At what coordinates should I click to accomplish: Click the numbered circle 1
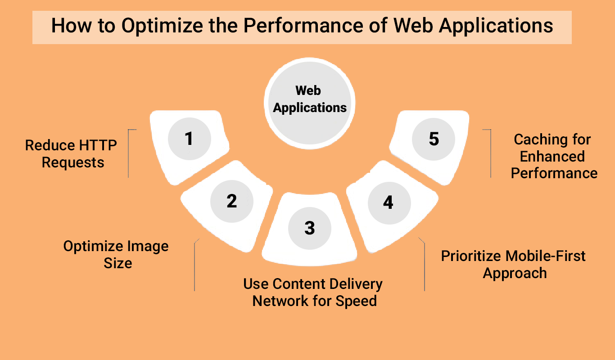(x=190, y=139)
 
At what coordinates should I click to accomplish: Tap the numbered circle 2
(x=232, y=201)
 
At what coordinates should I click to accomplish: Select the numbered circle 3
(x=310, y=228)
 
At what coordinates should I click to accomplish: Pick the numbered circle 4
(x=389, y=203)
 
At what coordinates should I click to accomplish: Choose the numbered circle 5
(x=434, y=139)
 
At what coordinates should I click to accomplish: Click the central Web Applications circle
(x=309, y=103)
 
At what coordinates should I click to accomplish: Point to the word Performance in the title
(x=303, y=26)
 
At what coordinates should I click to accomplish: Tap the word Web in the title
(x=413, y=26)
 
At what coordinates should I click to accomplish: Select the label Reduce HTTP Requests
(x=71, y=153)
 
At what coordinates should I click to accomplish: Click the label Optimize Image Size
(x=116, y=254)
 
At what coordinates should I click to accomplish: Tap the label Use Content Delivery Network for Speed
(x=313, y=292)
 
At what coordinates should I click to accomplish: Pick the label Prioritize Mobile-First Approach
(x=513, y=265)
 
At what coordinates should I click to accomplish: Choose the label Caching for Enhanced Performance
(x=553, y=156)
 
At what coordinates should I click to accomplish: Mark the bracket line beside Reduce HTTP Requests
(x=128, y=153)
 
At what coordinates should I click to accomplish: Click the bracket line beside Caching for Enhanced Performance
(x=491, y=153)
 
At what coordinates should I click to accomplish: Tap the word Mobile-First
(x=546, y=256)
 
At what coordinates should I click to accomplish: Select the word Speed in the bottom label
(x=356, y=301)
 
